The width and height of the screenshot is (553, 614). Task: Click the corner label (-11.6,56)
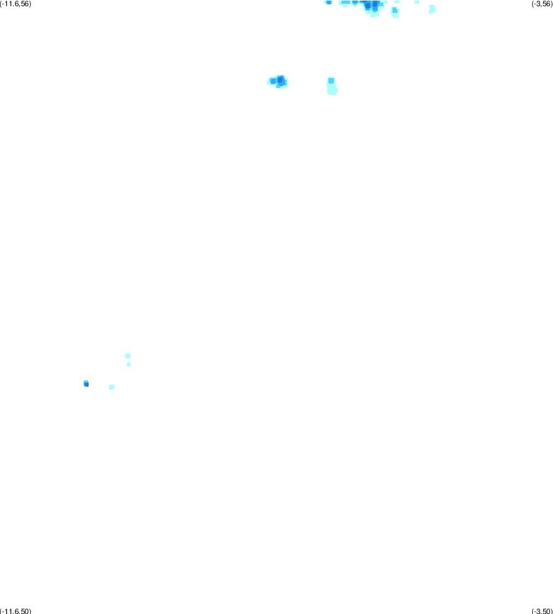pyautogui.click(x=15, y=4)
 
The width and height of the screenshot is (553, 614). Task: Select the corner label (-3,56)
pyautogui.click(x=542, y=4)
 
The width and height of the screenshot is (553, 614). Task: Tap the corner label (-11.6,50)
pyautogui.click(x=15, y=611)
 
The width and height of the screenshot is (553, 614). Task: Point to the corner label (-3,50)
pyautogui.click(x=542, y=611)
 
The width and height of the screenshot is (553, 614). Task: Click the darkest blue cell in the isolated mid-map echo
pyautogui.click(x=280, y=81)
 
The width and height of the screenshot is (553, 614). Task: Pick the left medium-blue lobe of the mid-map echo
pyautogui.click(x=273, y=81)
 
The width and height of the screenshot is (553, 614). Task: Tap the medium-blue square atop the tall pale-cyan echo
pyautogui.click(x=331, y=81)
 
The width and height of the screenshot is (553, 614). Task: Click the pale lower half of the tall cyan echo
pyautogui.click(x=332, y=90)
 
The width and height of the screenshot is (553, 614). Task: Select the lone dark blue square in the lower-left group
pyautogui.click(x=86, y=384)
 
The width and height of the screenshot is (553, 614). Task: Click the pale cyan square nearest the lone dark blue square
pyautogui.click(x=112, y=387)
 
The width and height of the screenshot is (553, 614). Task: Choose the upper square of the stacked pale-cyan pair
pyautogui.click(x=128, y=356)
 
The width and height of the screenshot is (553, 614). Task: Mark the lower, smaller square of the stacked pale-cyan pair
pyautogui.click(x=129, y=364)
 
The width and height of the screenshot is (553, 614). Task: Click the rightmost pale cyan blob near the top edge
pyautogui.click(x=432, y=9)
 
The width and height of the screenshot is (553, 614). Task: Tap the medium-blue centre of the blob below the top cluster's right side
pyautogui.click(x=395, y=11)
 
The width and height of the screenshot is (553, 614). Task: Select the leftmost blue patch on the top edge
pyautogui.click(x=328, y=2)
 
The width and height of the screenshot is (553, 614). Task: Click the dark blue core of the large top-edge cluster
pyautogui.click(x=371, y=5)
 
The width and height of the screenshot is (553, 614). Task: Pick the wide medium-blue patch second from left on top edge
pyautogui.click(x=345, y=2)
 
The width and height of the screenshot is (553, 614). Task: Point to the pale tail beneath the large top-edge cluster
pyautogui.click(x=374, y=14)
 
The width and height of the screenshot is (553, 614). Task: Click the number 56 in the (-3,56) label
pyautogui.click(x=546, y=4)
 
